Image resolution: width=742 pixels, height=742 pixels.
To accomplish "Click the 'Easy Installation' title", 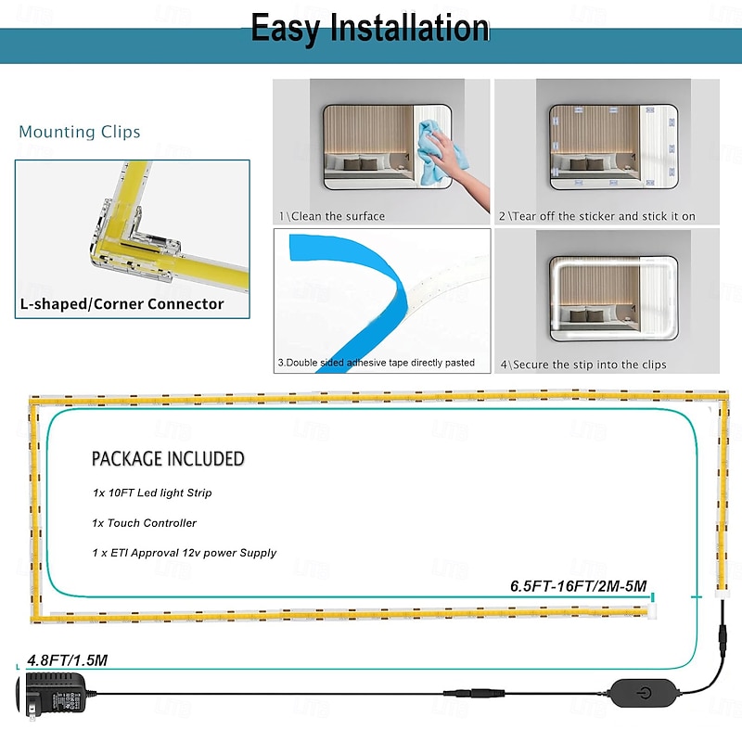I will tap(370, 29).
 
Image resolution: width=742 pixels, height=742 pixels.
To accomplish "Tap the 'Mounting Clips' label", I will tap(80, 132).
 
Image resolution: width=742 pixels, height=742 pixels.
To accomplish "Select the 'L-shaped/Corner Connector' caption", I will tap(122, 303).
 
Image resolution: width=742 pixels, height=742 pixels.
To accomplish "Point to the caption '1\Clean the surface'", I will tap(332, 216).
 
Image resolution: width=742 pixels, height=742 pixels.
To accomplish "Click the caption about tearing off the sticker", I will tap(597, 216).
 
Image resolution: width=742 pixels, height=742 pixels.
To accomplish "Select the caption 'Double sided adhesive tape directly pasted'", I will tap(377, 363).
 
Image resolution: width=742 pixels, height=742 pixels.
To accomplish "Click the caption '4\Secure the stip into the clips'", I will tap(583, 365).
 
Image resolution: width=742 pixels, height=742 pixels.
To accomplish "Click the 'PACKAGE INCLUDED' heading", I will tap(168, 458).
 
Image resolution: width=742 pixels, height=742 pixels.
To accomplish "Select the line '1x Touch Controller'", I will tap(144, 523).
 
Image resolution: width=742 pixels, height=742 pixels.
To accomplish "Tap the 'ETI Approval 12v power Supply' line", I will tap(184, 553).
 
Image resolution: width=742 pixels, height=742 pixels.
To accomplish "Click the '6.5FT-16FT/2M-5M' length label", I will tap(578, 586).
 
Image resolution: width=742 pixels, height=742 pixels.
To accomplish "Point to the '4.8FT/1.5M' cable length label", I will tap(67, 660).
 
